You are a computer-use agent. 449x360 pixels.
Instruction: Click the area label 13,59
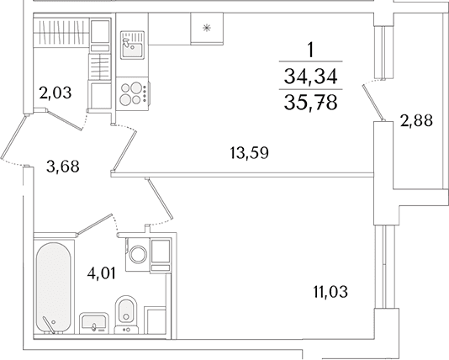pos(249,153)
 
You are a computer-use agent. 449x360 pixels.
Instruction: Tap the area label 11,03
pos(330,292)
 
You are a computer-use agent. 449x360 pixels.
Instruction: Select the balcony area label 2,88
pos(416,120)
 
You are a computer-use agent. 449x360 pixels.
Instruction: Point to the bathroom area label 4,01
pos(102,274)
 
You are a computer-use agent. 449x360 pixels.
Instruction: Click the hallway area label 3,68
pos(63,167)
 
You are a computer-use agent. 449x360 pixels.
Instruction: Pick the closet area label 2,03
pos(55,93)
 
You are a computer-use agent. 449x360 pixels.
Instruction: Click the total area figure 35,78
pos(311,103)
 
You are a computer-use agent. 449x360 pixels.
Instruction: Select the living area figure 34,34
pos(311,77)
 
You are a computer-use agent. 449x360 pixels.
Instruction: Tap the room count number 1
pos(310,50)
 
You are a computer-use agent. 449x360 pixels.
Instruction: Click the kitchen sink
pos(132,45)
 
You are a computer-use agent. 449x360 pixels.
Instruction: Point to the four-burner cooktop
pos(134,93)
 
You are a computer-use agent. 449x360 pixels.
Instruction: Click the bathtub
pos(53,289)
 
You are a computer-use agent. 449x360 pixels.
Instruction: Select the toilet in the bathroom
pos(126,315)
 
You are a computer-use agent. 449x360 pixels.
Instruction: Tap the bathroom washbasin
pos(93,322)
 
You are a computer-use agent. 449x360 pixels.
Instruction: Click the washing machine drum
pos(138,254)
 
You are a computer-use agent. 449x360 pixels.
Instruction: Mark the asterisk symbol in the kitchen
pos(207,28)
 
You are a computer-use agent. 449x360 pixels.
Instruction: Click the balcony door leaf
pos(373,102)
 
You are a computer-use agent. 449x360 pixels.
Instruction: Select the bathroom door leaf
pos(94,225)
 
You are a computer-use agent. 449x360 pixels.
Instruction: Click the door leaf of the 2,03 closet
pos(66,120)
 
